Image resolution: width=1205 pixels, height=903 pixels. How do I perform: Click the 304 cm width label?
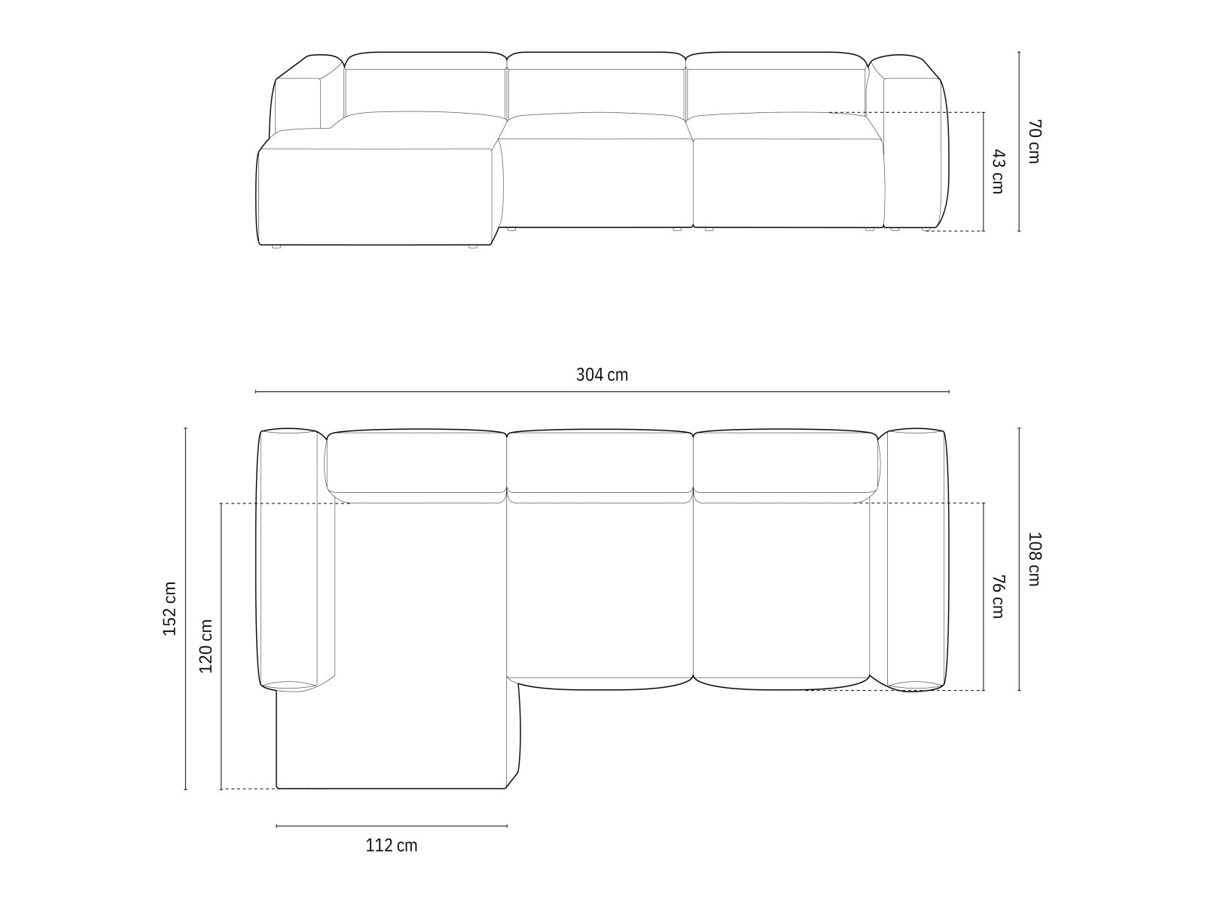click(602, 375)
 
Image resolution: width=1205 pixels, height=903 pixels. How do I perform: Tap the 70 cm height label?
click(1033, 141)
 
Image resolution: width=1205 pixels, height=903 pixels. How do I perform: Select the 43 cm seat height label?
click(997, 172)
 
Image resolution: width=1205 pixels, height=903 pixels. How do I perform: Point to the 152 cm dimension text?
click(169, 608)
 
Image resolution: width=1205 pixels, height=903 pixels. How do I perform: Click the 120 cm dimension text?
click(206, 646)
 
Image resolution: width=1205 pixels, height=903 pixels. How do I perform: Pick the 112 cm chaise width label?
click(391, 846)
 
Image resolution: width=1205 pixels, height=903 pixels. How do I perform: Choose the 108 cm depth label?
click(1033, 559)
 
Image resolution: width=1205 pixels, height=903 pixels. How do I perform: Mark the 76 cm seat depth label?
click(997, 596)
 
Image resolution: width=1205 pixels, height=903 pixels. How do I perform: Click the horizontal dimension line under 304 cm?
click(602, 392)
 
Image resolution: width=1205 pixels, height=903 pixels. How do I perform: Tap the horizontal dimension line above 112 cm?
click(391, 826)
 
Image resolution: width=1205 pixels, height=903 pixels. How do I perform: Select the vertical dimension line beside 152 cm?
click(185, 608)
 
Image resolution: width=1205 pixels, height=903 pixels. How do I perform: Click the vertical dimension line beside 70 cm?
click(1019, 141)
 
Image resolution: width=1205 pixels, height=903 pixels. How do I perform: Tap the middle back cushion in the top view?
click(599, 461)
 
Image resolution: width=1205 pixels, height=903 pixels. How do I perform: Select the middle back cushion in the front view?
click(596, 90)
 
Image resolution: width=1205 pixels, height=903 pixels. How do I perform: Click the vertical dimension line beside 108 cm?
click(1019, 559)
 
